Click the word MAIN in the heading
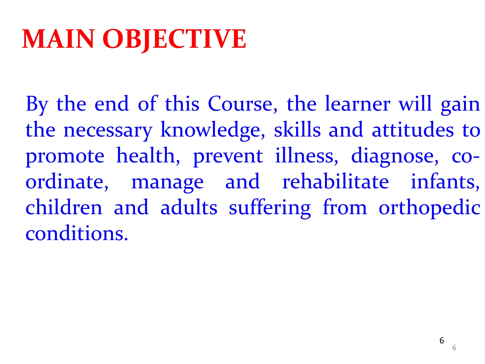coord(58,39)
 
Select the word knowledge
coord(212,131)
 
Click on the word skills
coord(297,129)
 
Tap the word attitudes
coord(413,129)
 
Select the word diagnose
coord(395,157)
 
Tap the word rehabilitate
coord(335,181)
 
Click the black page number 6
coord(442,341)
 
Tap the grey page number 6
coord(454,348)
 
